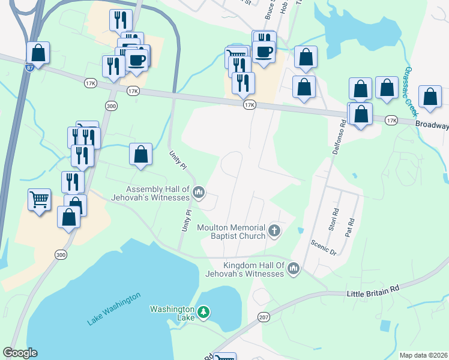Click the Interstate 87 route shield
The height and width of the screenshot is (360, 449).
tap(29, 67)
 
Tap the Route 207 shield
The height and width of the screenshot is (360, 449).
tap(265, 317)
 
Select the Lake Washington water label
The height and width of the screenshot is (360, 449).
tap(113, 308)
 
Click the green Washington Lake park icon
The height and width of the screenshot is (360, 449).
tap(204, 312)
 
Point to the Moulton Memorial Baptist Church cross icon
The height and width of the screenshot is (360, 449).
tap(274, 230)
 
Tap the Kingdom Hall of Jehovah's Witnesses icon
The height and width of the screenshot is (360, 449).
tap(294, 268)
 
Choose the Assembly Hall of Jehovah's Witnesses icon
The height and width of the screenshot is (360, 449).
tap(199, 192)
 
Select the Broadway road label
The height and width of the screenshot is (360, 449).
tap(432, 125)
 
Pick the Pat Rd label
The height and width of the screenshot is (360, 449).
tap(349, 227)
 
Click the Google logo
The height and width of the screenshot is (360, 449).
tap(20, 353)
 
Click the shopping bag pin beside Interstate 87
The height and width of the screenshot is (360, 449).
tap(38, 53)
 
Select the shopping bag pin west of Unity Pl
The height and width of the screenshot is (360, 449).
tap(140, 154)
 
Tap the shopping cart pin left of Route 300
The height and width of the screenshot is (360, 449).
tap(40, 199)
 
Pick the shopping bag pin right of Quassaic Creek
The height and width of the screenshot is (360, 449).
tap(430, 97)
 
